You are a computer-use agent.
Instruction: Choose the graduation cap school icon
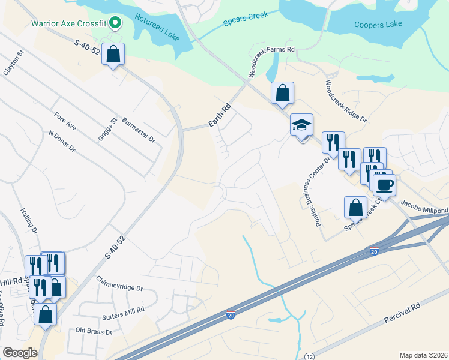[x=301, y=125]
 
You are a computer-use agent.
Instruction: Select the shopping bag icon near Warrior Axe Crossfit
[x=113, y=55]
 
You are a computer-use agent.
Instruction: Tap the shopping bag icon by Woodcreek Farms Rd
[x=282, y=93]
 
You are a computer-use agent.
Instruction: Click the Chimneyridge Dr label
[x=119, y=284]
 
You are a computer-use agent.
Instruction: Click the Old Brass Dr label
[x=94, y=331]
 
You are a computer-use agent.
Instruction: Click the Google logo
[x=20, y=352]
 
